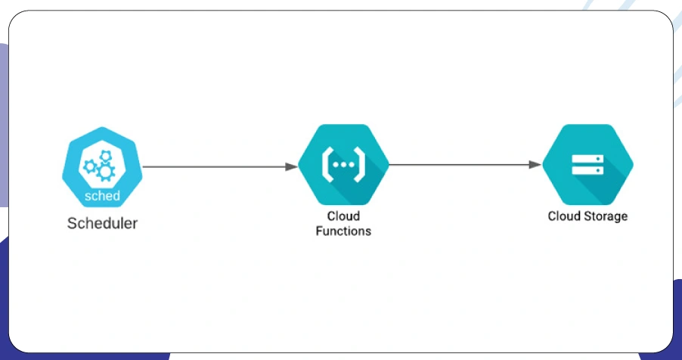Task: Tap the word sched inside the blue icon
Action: click(x=102, y=196)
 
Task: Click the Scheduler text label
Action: click(x=102, y=224)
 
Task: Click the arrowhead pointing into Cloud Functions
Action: click(x=290, y=166)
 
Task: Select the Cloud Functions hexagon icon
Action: click(x=343, y=164)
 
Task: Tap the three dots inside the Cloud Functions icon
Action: click(x=343, y=163)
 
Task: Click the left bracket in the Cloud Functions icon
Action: click(x=327, y=163)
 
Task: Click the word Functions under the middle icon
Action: click(x=343, y=231)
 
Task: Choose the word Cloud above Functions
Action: click(x=343, y=216)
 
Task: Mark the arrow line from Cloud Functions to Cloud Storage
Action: click(x=461, y=164)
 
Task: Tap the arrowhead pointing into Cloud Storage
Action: click(x=535, y=164)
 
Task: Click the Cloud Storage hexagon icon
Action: click(x=587, y=164)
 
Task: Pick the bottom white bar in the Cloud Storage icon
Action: click(x=587, y=171)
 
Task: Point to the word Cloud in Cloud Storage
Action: click(x=563, y=216)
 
